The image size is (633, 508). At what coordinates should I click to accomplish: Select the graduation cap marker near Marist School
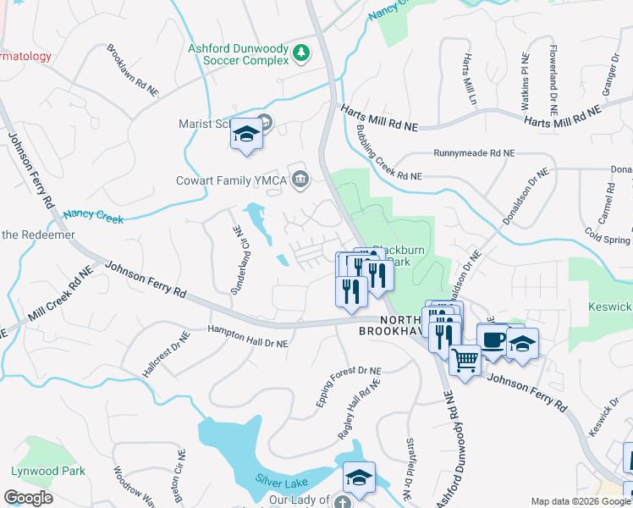pyautogui.click(x=246, y=136)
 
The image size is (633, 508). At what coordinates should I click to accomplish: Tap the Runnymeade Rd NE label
pyautogui.click(x=474, y=153)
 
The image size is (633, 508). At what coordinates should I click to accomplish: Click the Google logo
pyautogui.click(x=28, y=498)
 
